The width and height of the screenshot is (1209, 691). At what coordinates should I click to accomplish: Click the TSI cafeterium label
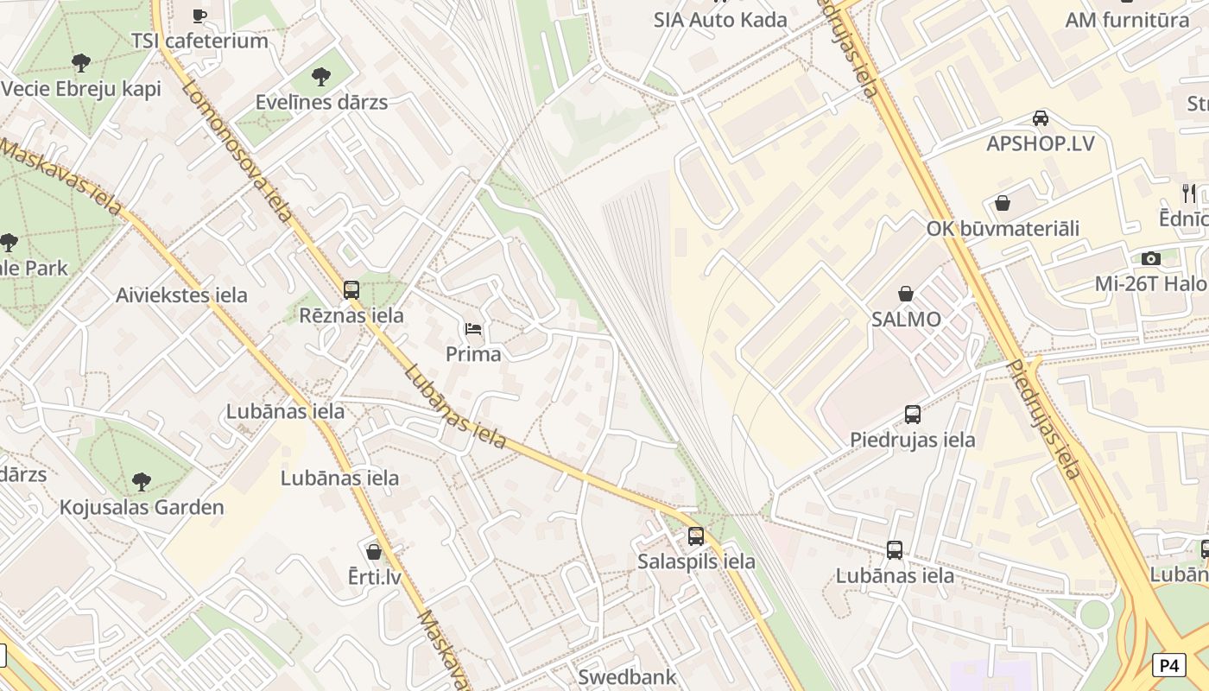point(199,41)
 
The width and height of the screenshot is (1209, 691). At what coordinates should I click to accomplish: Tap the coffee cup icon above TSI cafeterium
point(199,15)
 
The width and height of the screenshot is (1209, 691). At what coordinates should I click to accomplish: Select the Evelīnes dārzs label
point(321,102)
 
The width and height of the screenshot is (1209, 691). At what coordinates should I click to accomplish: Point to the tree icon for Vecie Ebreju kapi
point(81,62)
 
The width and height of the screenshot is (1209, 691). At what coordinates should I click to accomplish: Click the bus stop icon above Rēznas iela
point(351,290)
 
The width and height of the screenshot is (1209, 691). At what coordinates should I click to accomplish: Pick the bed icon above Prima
point(473,329)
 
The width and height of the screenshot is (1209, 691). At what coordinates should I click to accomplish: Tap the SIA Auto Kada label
point(720,20)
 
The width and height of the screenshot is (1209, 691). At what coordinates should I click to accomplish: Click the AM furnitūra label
point(1127,20)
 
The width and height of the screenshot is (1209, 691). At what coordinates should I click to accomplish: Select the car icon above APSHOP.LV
point(1041,117)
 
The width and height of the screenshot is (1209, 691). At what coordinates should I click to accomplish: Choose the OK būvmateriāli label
point(1003,229)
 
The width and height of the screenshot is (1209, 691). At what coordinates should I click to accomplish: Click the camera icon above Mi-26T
point(1150,258)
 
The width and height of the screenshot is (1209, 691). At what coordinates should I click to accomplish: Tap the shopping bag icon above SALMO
point(906,294)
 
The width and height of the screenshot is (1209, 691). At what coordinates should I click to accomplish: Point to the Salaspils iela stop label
point(696,561)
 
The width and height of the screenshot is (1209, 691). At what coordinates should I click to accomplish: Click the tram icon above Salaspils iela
point(696,536)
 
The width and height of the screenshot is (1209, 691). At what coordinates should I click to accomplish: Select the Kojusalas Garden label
point(142,507)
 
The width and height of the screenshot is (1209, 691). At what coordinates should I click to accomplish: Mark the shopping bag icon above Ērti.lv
point(374,551)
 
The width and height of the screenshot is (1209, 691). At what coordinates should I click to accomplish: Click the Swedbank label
point(627,676)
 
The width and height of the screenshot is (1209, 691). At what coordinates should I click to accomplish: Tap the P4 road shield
point(1168,665)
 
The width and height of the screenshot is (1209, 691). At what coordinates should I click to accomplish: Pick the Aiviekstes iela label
point(181,295)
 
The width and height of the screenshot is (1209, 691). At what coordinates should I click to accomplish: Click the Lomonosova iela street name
point(237,152)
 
